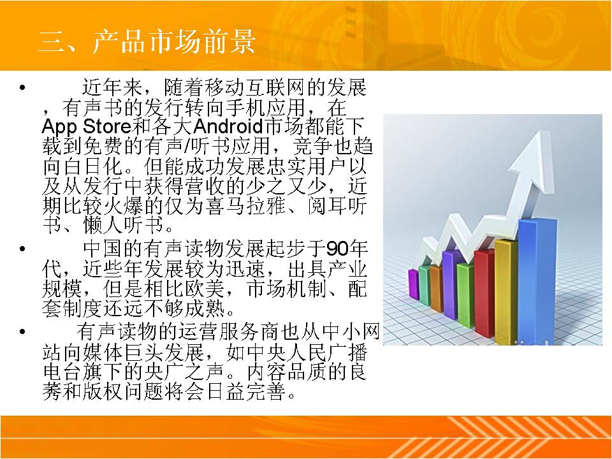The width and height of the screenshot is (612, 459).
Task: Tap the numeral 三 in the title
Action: pos(51,41)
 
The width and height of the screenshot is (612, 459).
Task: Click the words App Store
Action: pos(86,126)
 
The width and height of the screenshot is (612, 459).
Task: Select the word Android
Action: pos(228,126)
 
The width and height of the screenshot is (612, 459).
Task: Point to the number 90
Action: pos(337,248)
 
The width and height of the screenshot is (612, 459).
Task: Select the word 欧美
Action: pos(204,289)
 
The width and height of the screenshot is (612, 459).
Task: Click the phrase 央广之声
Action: pos(186,372)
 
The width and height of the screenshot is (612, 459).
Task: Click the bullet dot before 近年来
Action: pos(22,87)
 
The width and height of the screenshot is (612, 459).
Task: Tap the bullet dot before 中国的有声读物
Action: pos(22,249)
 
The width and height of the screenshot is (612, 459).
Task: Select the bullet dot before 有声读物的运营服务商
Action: pos(22,332)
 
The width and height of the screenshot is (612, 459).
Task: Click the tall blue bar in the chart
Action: pos(537,281)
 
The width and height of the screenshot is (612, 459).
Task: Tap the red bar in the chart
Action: pos(484,293)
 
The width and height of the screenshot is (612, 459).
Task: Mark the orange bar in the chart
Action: pos(436,289)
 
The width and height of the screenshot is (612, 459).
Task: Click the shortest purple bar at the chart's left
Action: pos(413,284)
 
